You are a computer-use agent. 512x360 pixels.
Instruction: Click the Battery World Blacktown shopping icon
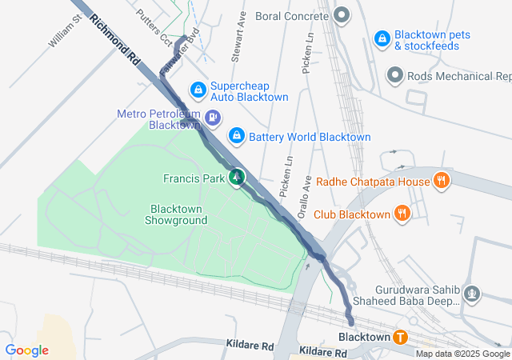[237, 136]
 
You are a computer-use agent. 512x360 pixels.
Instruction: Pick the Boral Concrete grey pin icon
[342, 15]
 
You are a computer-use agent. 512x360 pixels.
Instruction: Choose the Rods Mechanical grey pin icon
[394, 76]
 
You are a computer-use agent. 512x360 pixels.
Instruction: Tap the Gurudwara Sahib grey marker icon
[473, 294]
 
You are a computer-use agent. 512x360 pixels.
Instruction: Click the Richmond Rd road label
[115, 39]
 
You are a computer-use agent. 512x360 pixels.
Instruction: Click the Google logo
[26, 350]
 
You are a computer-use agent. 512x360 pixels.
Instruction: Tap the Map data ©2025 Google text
[462, 354]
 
